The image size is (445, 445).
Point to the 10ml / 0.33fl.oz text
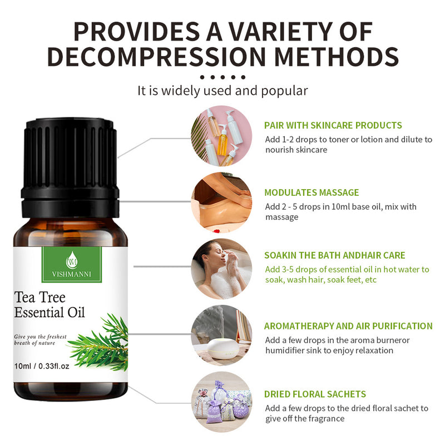click(50, 366)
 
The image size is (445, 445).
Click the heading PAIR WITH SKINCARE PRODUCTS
click(333, 125)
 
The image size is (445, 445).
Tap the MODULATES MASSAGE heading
click(311, 192)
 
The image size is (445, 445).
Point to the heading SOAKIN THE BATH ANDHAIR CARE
click(335, 255)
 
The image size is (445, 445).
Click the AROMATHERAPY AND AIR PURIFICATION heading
click(348, 326)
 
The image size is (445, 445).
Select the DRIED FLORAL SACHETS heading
click(315, 394)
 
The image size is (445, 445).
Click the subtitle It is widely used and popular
click(222, 90)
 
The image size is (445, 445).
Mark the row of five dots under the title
click(222, 77)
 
